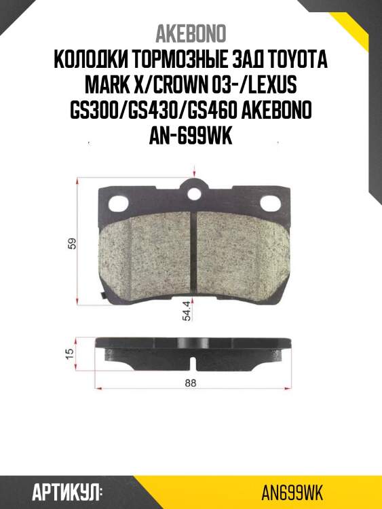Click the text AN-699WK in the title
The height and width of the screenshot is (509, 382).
[191, 137]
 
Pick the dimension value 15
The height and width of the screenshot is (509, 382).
[70, 354]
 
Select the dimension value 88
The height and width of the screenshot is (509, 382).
[190, 383]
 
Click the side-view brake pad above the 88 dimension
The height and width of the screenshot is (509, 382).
[195, 349]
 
